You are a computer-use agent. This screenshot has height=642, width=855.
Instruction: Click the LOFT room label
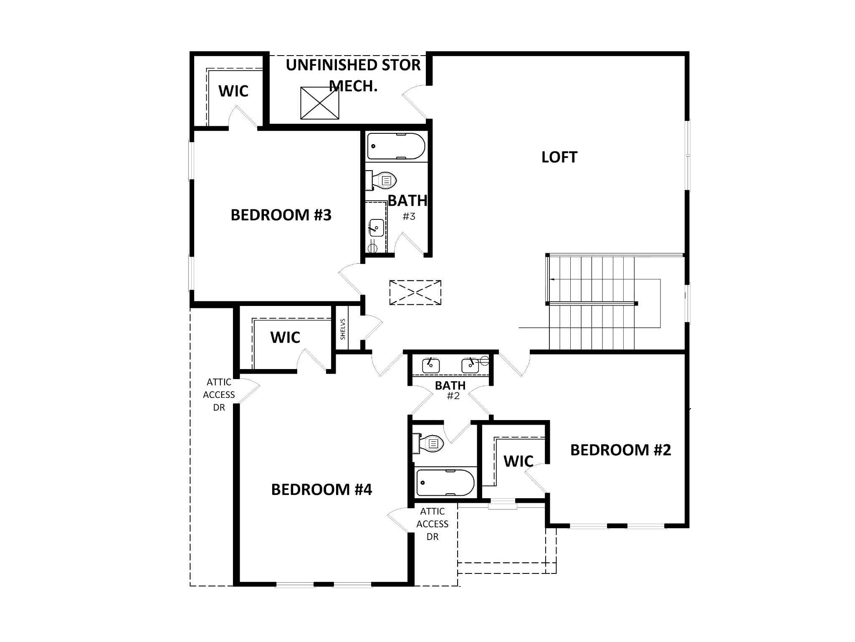[559, 158]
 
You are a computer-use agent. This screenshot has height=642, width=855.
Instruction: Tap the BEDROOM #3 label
[281, 215]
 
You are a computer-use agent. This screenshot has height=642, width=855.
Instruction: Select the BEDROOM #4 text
[321, 489]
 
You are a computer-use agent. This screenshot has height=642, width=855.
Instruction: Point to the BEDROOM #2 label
[620, 450]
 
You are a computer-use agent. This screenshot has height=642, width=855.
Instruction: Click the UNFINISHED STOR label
[353, 65]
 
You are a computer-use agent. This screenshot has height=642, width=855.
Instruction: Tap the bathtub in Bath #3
[396, 146]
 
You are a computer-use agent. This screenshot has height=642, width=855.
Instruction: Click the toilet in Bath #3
[382, 181]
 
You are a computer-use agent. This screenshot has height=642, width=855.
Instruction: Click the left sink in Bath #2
[430, 366]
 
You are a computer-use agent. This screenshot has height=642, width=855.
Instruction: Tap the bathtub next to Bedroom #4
[445, 482]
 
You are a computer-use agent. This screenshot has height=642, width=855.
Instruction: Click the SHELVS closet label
[343, 329]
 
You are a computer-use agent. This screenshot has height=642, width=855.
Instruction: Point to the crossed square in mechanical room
[319, 103]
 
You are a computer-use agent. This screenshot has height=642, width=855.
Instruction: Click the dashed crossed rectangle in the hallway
[415, 293]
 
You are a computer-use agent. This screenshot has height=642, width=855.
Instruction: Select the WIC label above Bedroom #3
[233, 91]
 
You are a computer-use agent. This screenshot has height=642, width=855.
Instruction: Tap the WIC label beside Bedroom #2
[518, 461]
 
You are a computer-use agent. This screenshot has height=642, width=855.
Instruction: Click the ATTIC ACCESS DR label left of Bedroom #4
[219, 395]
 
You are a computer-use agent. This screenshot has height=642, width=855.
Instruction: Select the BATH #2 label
[450, 390]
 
